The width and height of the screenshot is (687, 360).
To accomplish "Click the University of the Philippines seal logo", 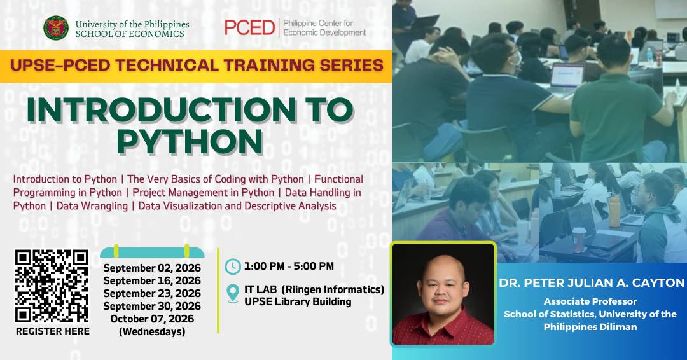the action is coord(55,28).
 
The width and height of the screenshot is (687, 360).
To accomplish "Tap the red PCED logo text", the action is coord(249,27).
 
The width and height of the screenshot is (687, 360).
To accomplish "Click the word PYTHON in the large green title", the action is coord(190,141).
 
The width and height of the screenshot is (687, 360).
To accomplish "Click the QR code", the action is coord(52,286).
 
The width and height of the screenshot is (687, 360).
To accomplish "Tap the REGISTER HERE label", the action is coord(53,331).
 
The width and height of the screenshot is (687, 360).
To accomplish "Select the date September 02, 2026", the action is coord(152,268).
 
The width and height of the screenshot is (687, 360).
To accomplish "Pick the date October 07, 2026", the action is coord(152,319).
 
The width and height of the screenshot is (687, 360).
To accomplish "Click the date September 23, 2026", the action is coord(152,293).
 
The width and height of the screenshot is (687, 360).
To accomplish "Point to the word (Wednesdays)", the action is coord(152,331).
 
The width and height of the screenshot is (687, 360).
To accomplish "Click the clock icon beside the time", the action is coord(233,267).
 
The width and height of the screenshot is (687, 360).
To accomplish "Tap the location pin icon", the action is coord(233,293).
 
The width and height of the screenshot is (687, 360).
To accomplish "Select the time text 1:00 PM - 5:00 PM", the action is coord(289,267).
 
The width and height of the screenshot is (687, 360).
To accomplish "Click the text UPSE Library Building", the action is coord(298,301).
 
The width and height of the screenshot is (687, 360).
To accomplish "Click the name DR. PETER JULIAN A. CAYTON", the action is coord(592,283).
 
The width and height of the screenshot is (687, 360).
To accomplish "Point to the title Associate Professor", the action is coord(590,301).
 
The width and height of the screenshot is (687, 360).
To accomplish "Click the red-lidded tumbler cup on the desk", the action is coord(579,240).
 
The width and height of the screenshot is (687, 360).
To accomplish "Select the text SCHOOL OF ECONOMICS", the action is coord(130,34).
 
